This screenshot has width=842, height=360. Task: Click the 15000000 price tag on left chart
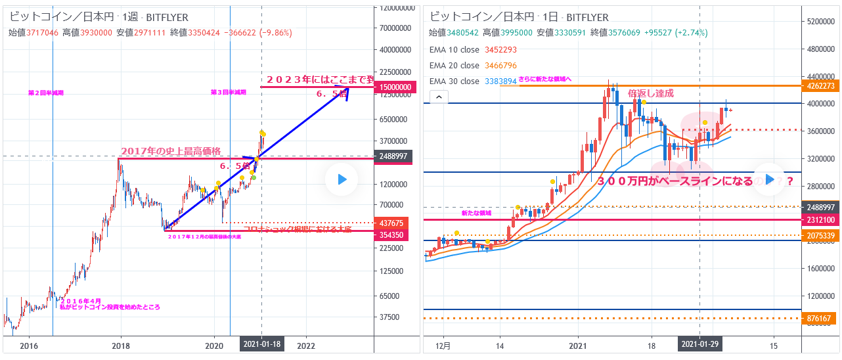coord(392,87)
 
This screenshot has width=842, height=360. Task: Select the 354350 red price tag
coord(392,235)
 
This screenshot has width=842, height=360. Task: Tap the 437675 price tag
coord(392,223)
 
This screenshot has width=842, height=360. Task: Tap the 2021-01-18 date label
coord(261,344)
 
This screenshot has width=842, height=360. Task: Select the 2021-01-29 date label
coord(699,344)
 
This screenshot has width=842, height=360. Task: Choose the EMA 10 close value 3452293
coord(500,49)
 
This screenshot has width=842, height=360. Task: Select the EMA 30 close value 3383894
coord(500,81)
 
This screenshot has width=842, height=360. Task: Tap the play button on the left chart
coord(342,179)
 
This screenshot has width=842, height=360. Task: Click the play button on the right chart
coord(770,179)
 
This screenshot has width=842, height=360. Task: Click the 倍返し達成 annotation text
coord(651,93)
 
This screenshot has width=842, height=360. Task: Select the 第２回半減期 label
coord(46,93)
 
